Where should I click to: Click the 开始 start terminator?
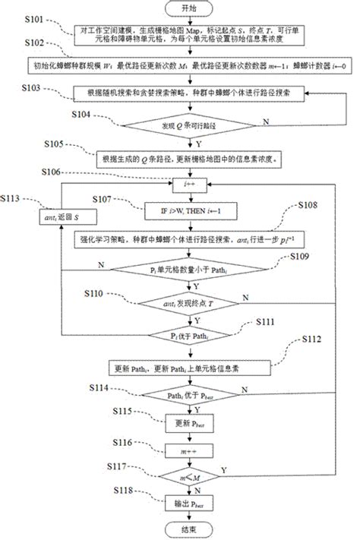[x=181, y=8]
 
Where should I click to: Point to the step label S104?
[x=81, y=112]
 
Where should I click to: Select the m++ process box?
[x=181, y=450]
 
